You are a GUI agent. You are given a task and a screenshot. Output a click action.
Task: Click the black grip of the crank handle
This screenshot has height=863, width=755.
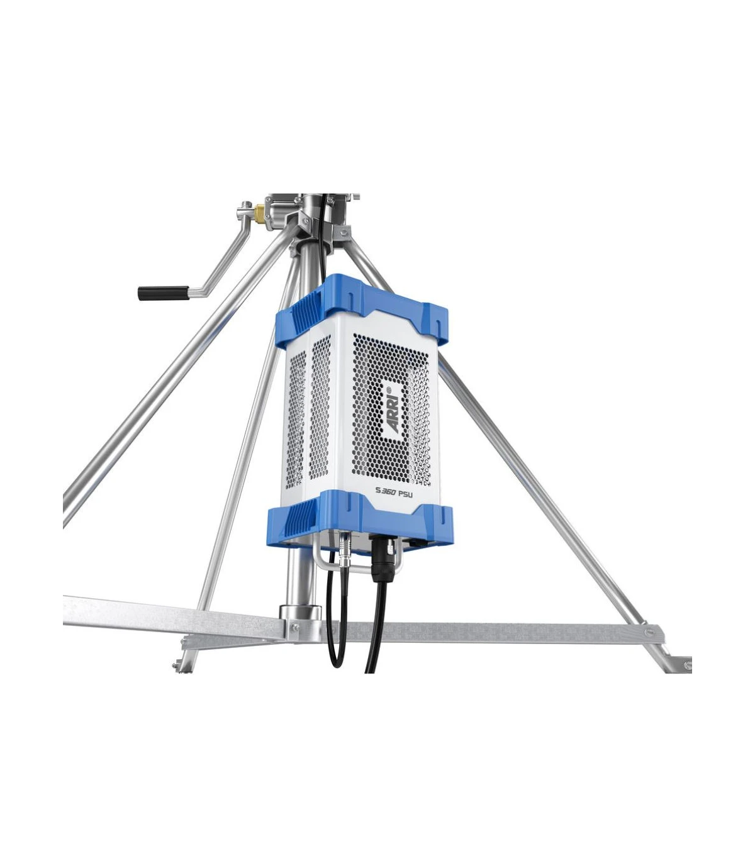[163, 292]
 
